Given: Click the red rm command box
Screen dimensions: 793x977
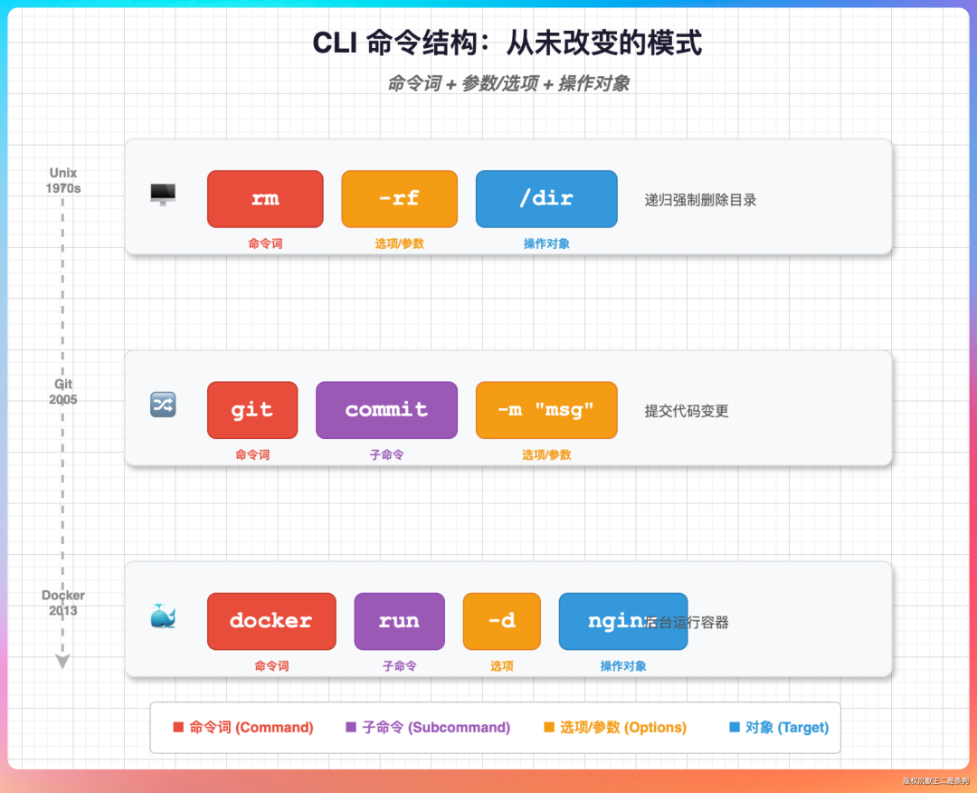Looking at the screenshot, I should click(x=265, y=198).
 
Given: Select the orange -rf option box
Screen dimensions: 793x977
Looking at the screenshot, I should click(x=399, y=198).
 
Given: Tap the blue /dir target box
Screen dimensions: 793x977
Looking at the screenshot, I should click(x=546, y=198).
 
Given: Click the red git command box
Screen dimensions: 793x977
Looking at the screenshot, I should click(x=252, y=409).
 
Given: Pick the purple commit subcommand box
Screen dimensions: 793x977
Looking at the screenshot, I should click(x=386, y=409).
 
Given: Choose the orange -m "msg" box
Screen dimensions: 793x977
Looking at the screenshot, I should click(x=546, y=409).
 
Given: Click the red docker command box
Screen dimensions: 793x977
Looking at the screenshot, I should click(x=271, y=621).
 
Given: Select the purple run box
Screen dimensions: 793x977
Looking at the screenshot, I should click(x=399, y=621).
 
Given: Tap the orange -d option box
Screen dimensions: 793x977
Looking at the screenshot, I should click(x=501, y=621).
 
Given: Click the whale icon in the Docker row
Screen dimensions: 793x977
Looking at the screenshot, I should click(x=163, y=617).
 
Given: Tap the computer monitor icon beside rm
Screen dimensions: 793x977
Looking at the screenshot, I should click(x=163, y=194).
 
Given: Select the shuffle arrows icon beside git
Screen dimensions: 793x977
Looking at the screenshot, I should click(x=163, y=405).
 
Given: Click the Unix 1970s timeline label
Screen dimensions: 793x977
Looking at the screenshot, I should click(x=63, y=180).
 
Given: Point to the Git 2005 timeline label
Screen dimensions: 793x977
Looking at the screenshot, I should click(x=63, y=391).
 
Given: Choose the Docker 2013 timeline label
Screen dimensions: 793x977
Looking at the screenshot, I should click(x=63, y=602).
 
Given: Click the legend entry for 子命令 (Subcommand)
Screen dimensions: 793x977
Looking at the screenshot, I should click(x=428, y=727).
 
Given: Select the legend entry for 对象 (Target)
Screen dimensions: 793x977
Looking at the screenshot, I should click(x=779, y=727).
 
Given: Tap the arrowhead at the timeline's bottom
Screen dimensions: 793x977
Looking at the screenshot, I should click(x=62, y=662).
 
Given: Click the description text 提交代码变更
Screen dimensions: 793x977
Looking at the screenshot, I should click(x=687, y=411).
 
